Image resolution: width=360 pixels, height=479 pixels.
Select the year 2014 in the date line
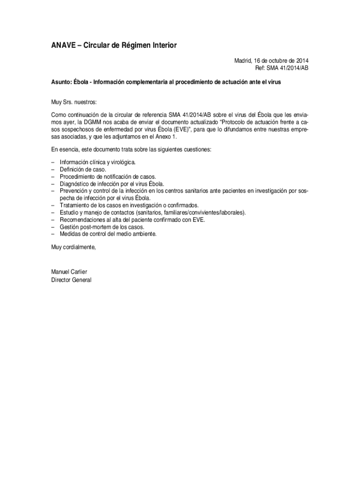click(302, 61)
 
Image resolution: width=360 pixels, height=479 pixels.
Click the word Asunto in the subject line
click(61, 82)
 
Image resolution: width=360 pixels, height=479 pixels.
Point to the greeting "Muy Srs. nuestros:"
click(74, 102)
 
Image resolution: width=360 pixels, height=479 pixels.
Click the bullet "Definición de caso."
click(83, 169)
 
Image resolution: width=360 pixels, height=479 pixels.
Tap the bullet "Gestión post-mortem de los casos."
click(101, 227)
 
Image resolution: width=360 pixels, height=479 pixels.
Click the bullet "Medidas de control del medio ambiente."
click(108, 234)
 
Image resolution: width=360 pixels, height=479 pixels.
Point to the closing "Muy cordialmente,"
click(73, 247)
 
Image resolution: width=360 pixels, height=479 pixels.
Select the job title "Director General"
click(71, 280)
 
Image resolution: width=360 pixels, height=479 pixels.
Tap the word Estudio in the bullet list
click(69, 212)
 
